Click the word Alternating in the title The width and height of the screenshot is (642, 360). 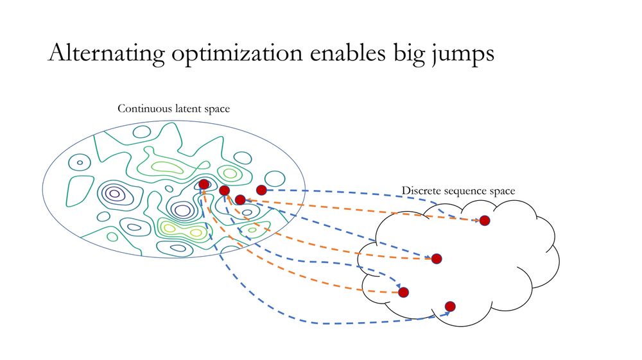(x=107, y=53)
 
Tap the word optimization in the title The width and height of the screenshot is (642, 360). (x=237, y=53)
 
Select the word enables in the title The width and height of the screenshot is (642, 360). (x=347, y=53)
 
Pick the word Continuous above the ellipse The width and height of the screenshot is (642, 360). (x=144, y=108)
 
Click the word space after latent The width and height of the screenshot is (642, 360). (x=216, y=110)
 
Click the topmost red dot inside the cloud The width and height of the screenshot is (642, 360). (x=485, y=221)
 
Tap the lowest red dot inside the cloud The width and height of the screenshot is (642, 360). (x=450, y=306)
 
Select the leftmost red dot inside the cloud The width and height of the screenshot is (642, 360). (x=403, y=292)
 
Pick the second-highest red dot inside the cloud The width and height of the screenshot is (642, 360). (x=437, y=259)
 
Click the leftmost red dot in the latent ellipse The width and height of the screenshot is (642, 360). (x=204, y=184)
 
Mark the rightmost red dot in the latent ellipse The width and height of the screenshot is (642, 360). (x=261, y=190)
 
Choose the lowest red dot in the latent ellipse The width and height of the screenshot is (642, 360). (x=240, y=200)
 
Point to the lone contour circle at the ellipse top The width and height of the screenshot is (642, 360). (x=142, y=132)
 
